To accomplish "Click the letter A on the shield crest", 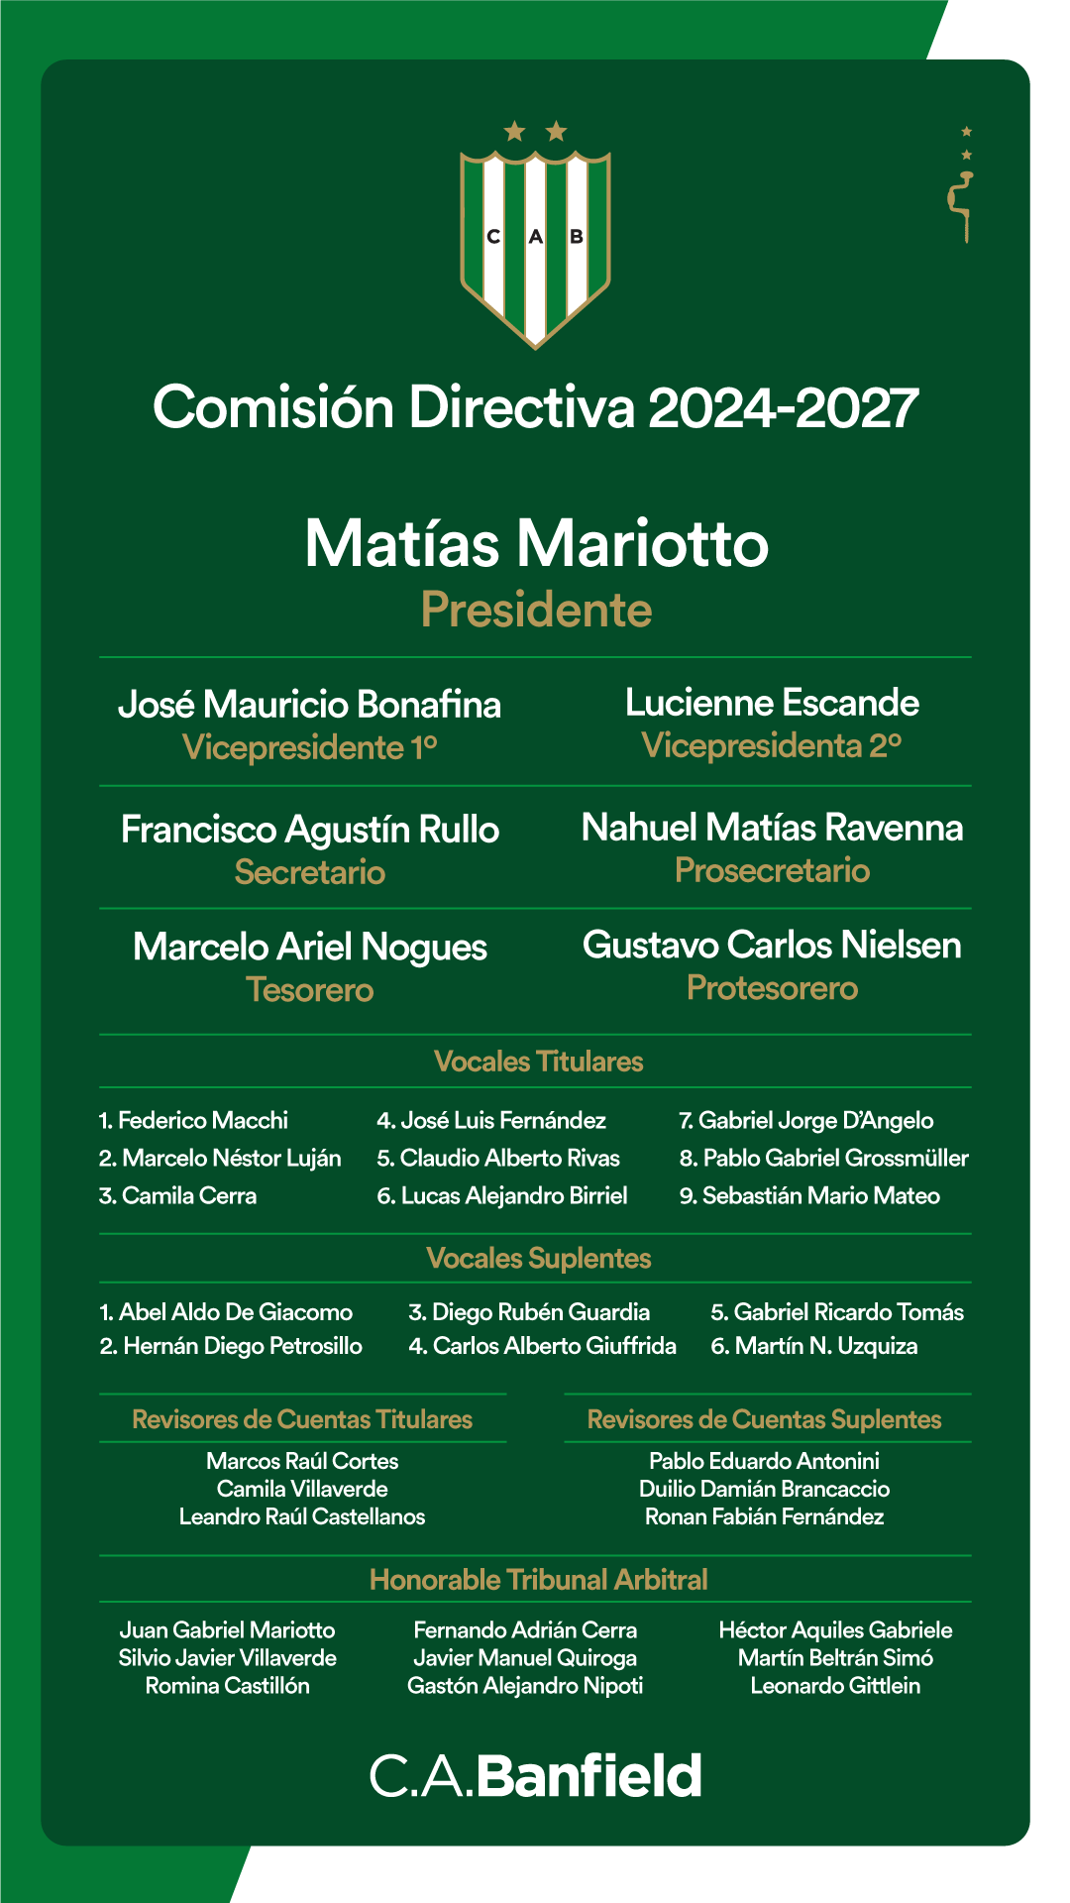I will coord(536,237).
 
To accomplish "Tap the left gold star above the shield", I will coord(514,131).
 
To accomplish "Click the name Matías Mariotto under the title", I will coord(536,543).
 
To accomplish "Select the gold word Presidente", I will coord(536,610).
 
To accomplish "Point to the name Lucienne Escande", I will coord(772,703).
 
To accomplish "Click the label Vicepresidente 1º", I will coord(309,747).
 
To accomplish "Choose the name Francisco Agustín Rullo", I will coord(309,830).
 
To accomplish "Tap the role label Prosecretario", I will coord(772,870).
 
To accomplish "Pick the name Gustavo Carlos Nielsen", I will coord(772,946).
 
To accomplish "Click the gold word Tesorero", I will coord(309,989).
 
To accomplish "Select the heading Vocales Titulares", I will coord(538,1062).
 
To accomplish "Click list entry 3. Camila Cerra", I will coord(178,1195).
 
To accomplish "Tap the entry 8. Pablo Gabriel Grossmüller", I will coord(823,1158).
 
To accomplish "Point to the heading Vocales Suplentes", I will coord(538,1258).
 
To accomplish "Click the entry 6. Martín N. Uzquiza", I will coord(814,1346).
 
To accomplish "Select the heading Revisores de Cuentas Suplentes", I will coord(764,1419).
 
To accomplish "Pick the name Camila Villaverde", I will coord(302,1489).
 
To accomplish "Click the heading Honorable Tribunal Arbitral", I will coord(538,1580).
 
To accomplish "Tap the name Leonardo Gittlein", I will coord(835,1685).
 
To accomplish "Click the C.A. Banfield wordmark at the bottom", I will coord(536,1776).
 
